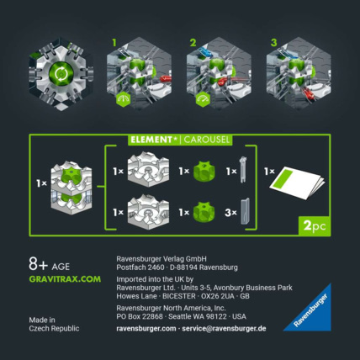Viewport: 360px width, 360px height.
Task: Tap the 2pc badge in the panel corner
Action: [x=311, y=225]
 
